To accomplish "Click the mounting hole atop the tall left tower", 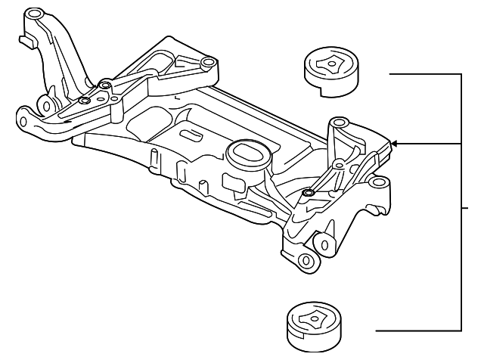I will click(33, 14).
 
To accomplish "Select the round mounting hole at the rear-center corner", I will click(206, 63).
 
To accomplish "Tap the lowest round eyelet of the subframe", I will click(306, 261).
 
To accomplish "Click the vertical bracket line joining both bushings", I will click(461, 204).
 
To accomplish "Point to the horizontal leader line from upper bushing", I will click(423, 74).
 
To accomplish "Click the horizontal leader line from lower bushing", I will click(416, 331).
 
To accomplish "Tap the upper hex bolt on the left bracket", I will click(104, 83).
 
